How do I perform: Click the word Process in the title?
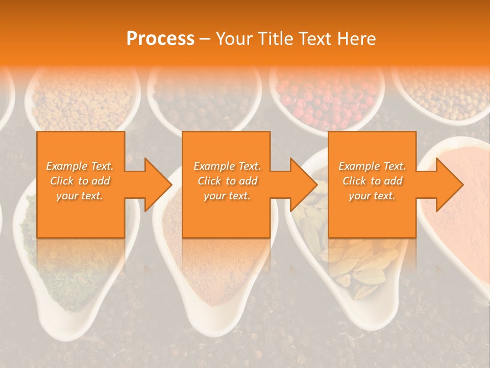click(x=160, y=38)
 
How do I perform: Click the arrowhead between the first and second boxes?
click(x=156, y=185)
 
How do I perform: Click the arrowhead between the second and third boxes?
click(x=302, y=185)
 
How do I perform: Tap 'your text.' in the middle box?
click(x=227, y=196)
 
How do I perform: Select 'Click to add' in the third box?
click(x=372, y=181)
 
